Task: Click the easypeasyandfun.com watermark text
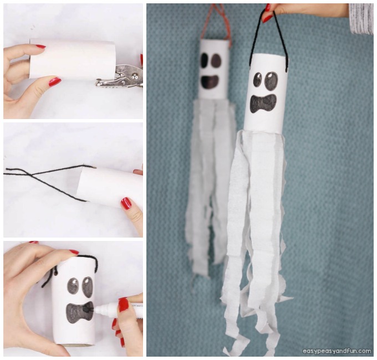pyautogui.click(x=337, y=351)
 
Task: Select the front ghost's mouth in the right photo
pyautogui.click(x=263, y=104)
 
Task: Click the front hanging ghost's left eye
pyautogui.click(x=257, y=80)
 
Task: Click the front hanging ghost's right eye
pyautogui.click(x=271, y=81)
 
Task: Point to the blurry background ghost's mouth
pyautogui.click(x=210, y=81)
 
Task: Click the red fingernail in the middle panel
pyautogui.click(x=126, y=204)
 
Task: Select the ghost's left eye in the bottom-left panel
pyautogui.click(x=74, y=286)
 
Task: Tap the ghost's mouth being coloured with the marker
pyautogui.click(x=80, y=311)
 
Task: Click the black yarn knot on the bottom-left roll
pyautogui.click(x=56, y=271)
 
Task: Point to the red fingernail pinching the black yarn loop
pyautogui.click(x=267, y=17)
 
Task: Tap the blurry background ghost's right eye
pyautogui.click(x=216, y=61)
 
